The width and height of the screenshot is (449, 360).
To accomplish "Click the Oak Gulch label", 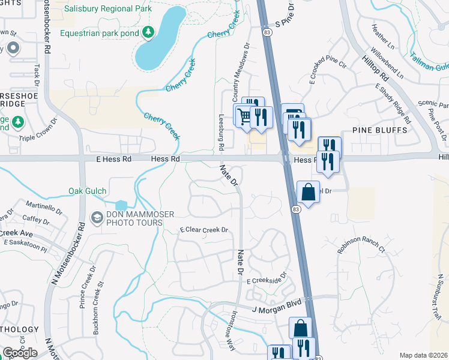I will click(x=88, y=191).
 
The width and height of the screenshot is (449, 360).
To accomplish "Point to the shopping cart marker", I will click(x=244, y=116).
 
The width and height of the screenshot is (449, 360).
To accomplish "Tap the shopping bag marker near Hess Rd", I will click(x=308, y=193).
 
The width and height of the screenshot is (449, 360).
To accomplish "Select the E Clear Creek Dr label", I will click(x=205, y=230).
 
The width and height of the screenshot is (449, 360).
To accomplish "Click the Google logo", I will click(x=20, y=353).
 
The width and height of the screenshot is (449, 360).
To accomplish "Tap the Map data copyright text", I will click(x=423, y=355).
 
